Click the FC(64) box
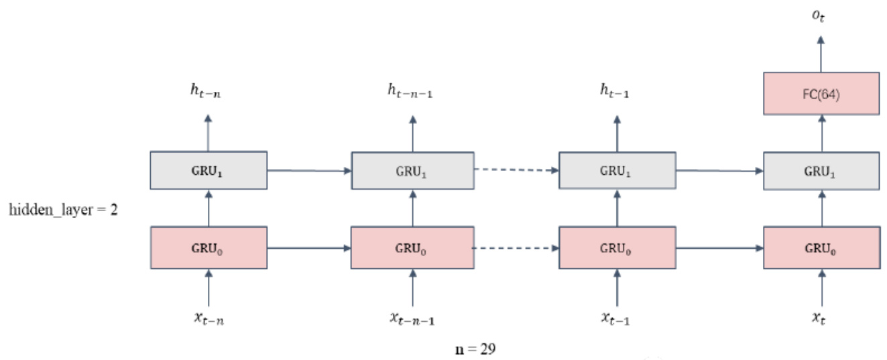pos(821,93)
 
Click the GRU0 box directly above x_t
pos(821,247)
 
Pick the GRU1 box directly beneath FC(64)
pos(821,170)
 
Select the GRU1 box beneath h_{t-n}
pos(209,170)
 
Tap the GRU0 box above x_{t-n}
pos(209,247)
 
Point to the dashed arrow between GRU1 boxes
pos(516,170)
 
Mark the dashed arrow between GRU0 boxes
pos(516,247)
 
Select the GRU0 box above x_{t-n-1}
pos(412,247)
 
